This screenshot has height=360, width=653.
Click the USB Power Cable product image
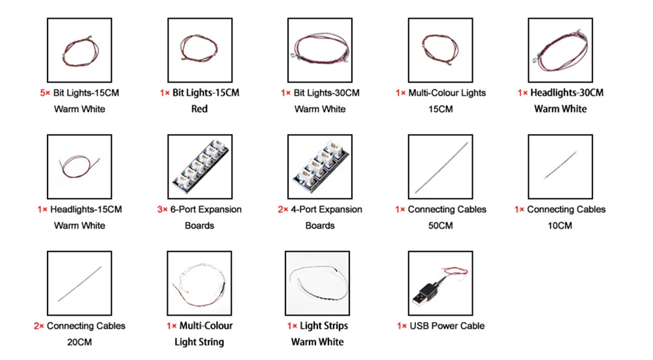tap(440, 283)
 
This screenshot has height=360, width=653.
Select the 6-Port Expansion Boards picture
tap(200, 167)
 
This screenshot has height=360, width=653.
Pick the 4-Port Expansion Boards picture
tap(320, 167)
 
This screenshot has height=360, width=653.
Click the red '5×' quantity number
tap(44, 93)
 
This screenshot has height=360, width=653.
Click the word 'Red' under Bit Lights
tap(199, 109)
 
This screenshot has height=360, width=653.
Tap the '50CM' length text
tap(440, 226)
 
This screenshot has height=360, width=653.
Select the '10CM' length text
tap(560, 226)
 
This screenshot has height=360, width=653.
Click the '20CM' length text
tap(80, 342)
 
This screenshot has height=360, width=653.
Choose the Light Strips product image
tap(320, 283)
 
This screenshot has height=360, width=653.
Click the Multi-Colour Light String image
tap(200, 283)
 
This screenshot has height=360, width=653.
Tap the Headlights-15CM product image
tap(80, 167)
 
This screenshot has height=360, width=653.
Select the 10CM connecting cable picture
tap(560, 167)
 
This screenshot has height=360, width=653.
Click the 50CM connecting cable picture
tap(440, 167)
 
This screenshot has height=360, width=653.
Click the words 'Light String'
tap(199, 342)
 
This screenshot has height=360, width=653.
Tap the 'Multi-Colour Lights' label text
tap(447, 93)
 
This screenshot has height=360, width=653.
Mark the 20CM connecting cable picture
tap(80, 283)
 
